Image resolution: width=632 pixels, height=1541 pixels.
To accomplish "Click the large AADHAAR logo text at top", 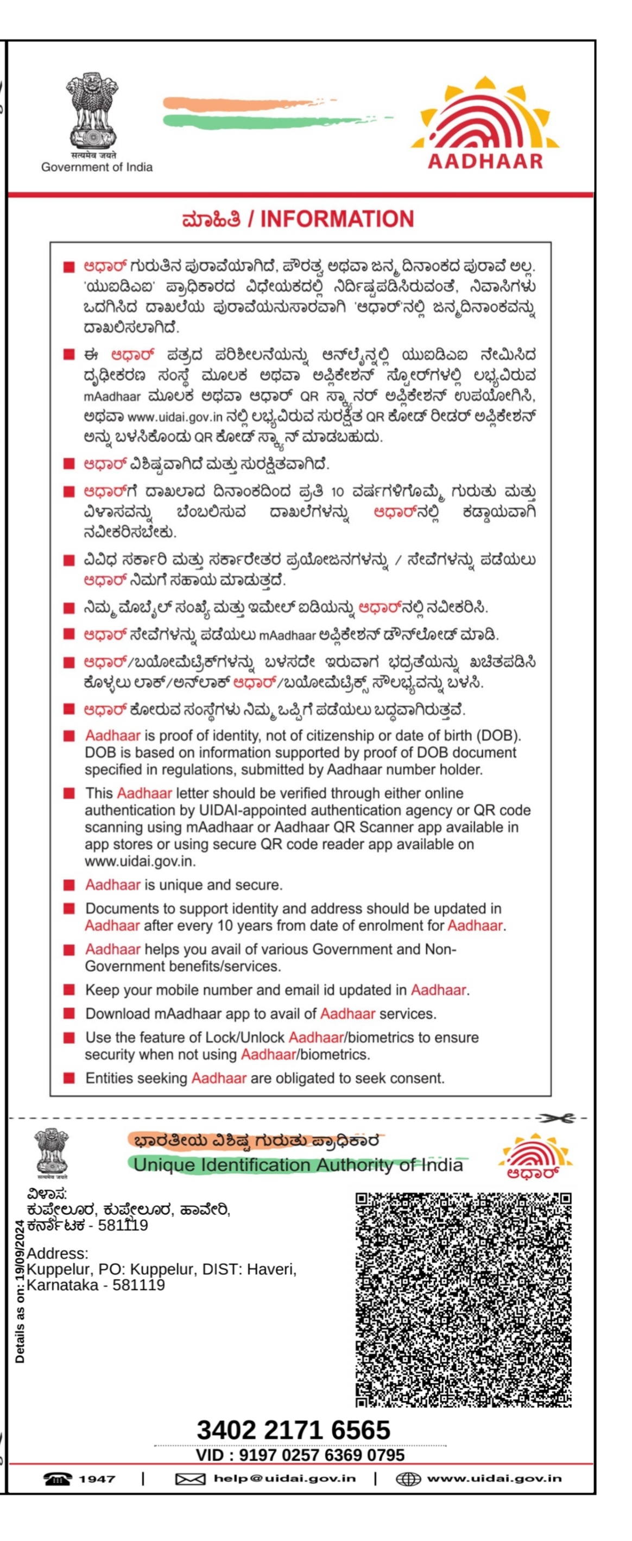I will [x=485, y=161].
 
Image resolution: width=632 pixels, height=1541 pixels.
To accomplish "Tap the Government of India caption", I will [x=97, y=167].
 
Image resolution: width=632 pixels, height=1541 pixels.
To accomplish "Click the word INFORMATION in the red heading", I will [x=337, y=220].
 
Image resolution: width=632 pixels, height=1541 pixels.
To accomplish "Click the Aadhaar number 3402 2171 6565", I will [x=293, y=1430].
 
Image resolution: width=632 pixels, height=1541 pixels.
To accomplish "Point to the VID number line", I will [x=300, y=1455].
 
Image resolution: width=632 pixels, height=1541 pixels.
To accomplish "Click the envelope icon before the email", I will [x=190, y=1480].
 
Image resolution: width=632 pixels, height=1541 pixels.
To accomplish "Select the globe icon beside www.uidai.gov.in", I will [x=408, y=1480].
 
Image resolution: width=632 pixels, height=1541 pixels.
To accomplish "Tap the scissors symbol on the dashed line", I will [x=555, y=1118].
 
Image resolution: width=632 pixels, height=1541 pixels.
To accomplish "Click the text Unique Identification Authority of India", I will [x=298, y=1165].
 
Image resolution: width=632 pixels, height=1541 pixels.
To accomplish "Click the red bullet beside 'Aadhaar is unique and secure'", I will [x=69, y=885].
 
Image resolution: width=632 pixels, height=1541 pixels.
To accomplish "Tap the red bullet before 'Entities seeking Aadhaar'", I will [x=69, y=1079].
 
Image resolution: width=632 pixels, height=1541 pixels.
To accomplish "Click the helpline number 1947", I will [x=97, y=1479].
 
